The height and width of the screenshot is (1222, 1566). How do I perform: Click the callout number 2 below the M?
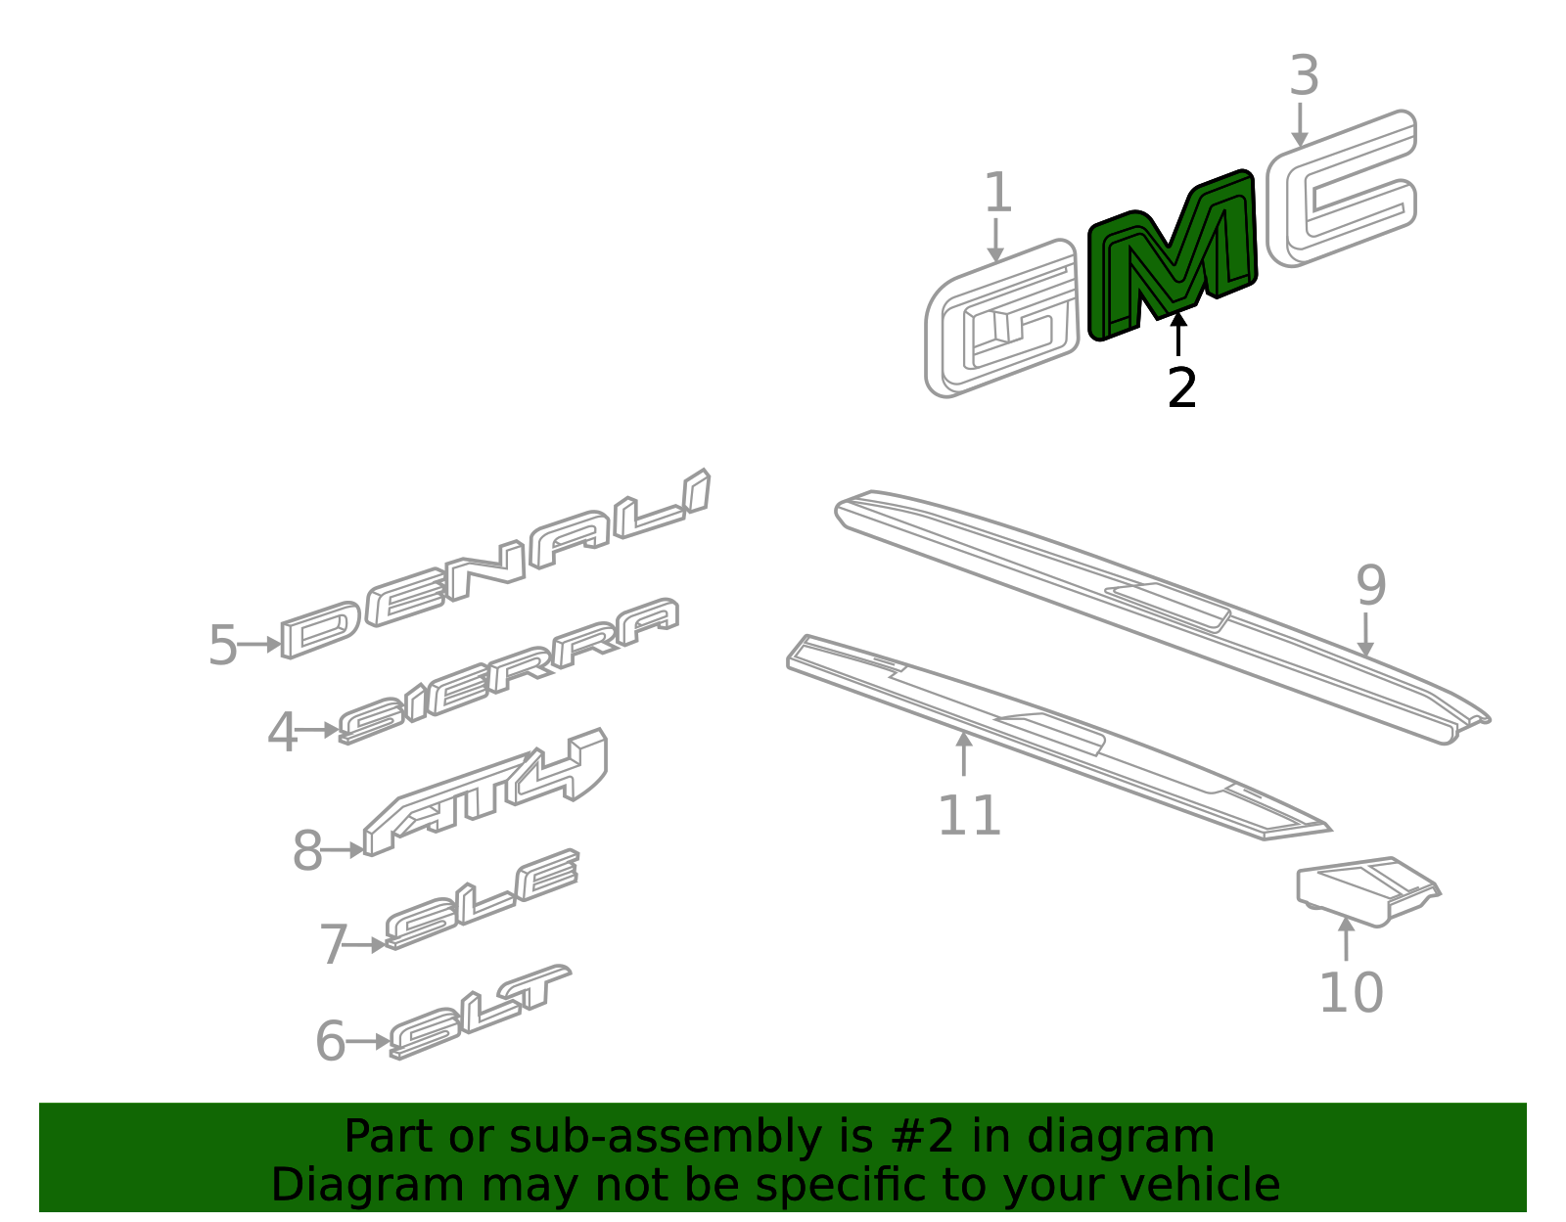tap(1181, 388)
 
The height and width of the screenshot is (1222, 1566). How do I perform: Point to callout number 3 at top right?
tap(1304, 76)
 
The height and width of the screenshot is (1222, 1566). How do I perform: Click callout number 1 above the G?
tap(996, 193)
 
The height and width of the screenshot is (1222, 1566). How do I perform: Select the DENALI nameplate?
tap(494, 566)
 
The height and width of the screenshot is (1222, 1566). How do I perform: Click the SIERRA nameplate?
tap(509, 671)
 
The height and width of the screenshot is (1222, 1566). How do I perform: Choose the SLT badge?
tap(480, 1012)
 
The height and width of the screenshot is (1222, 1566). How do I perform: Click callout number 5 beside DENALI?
tap(222, 646)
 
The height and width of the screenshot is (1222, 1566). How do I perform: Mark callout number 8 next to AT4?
tap(306, 851)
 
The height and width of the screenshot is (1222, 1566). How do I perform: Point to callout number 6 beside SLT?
tap(330, 1041)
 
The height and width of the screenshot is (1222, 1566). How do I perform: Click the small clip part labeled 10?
tap(1366, 890)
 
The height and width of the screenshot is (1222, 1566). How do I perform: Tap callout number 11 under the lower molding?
tap(969, 815)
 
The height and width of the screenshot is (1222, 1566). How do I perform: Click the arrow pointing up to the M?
tap(1178, 333)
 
